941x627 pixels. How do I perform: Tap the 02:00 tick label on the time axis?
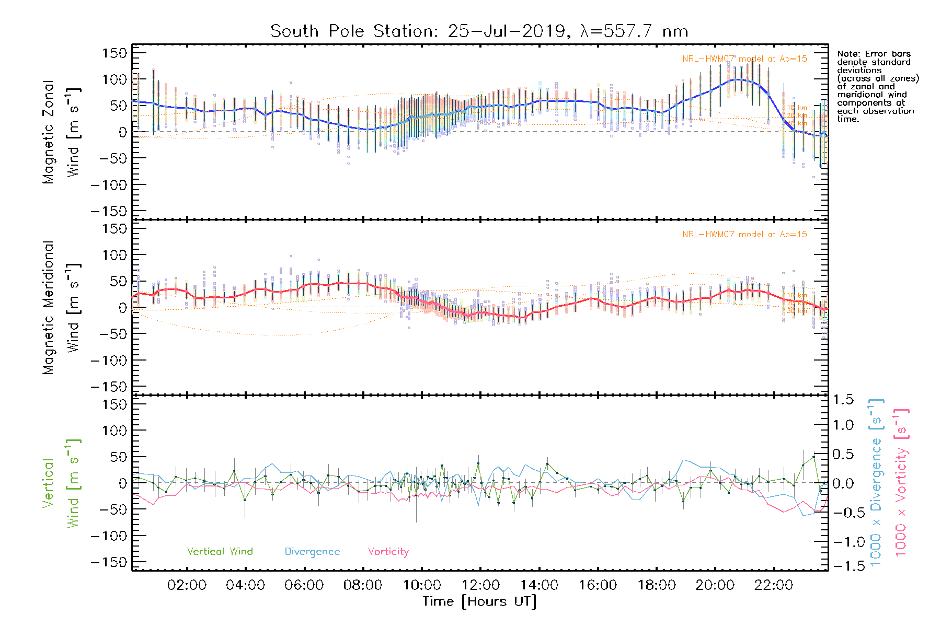(x=187, y=585)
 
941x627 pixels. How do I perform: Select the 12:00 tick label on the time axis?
(x=480, y=585)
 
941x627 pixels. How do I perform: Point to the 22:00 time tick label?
(x=774, y=585)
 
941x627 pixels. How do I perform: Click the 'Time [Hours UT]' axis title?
(x=479, y=602)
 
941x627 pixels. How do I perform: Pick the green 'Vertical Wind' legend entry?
(x=220, y=552)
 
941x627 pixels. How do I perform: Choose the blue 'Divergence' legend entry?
(x=312, y=552)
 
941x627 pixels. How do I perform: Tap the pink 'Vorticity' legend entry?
(x=388, y=552)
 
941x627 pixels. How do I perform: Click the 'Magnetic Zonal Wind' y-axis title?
(x=61, y=132)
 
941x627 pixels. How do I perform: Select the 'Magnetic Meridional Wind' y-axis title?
(x=61, y=308)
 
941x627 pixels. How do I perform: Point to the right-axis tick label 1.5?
(x=843, y=400)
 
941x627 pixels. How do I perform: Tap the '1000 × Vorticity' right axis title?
(x=901, y=482)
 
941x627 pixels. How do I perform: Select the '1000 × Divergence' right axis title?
(x=876, y=482)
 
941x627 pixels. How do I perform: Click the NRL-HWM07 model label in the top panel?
(x=744, y=59)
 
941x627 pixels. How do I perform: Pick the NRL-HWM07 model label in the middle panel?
(x=744, y=235)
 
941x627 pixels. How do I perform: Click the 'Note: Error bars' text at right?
(x=874, y=54)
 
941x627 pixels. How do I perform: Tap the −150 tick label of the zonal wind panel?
(x=109, y=212)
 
